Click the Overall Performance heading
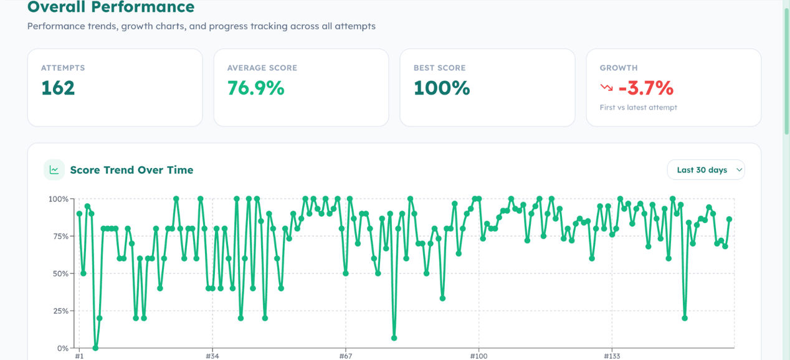[111, 7]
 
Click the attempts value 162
[58, 88]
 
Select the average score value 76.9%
[255, 88]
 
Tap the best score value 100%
[442, 88]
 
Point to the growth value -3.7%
[646, 88]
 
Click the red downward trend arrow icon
[607, 87]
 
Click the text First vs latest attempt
[639, 107]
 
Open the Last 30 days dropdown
[706, 170]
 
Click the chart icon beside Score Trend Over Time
[54, 170]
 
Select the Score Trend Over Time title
[131, 170]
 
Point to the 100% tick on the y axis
[58, 199]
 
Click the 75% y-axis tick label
[60, 236]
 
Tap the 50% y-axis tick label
[60, 273]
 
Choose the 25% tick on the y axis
[60, 311]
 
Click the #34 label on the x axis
[212, 356]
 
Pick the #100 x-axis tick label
[478, 356]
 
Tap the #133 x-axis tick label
[612, 356]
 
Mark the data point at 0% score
[95, 348]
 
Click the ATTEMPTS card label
[63, 68]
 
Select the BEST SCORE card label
[440, 68]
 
